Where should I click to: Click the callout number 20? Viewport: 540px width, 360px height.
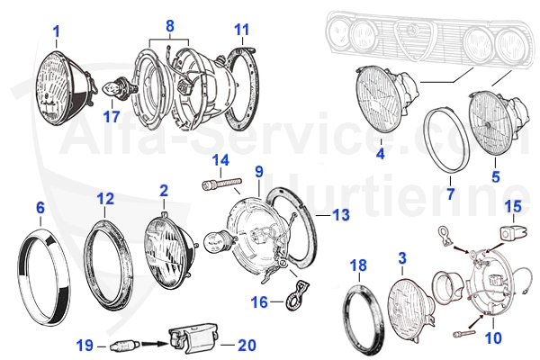[x=246, y=344]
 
